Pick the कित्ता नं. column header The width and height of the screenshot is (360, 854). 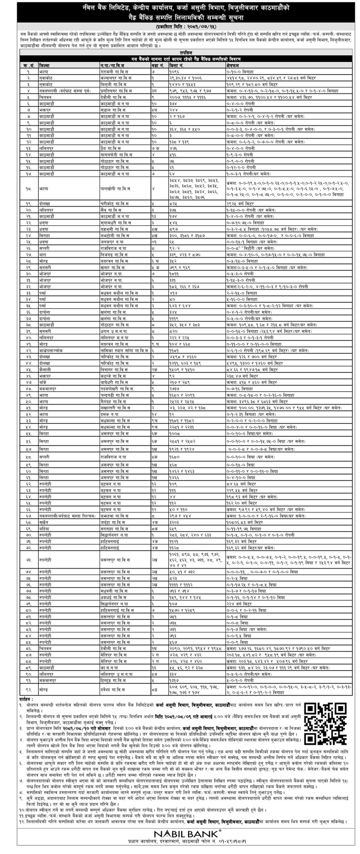[x=177, y=66]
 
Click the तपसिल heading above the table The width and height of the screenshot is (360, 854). [x=186, y=53]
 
